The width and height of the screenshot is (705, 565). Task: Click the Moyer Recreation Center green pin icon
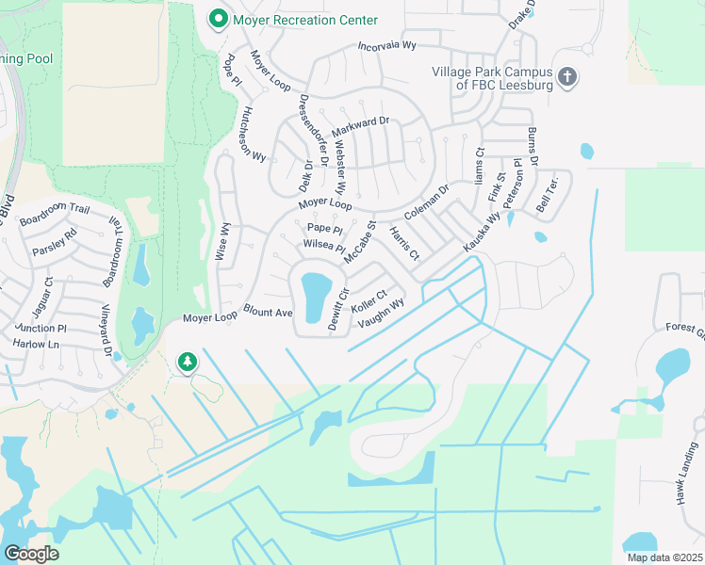(219, 19)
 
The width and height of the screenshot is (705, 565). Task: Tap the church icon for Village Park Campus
(567, 77)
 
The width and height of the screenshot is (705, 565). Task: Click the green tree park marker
(188, 361)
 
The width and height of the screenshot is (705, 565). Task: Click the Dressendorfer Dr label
(312, 130)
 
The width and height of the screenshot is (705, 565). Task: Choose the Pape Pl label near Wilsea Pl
(324, 228)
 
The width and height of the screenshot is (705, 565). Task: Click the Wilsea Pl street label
(324, 246)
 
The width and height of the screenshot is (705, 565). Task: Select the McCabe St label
(360, 242)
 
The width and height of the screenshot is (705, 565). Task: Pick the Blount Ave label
(269, 312)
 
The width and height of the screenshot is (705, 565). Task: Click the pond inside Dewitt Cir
(314, 287)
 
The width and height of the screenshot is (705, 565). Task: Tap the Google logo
(31, 554)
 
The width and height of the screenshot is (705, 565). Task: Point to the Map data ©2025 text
(664, 557)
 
